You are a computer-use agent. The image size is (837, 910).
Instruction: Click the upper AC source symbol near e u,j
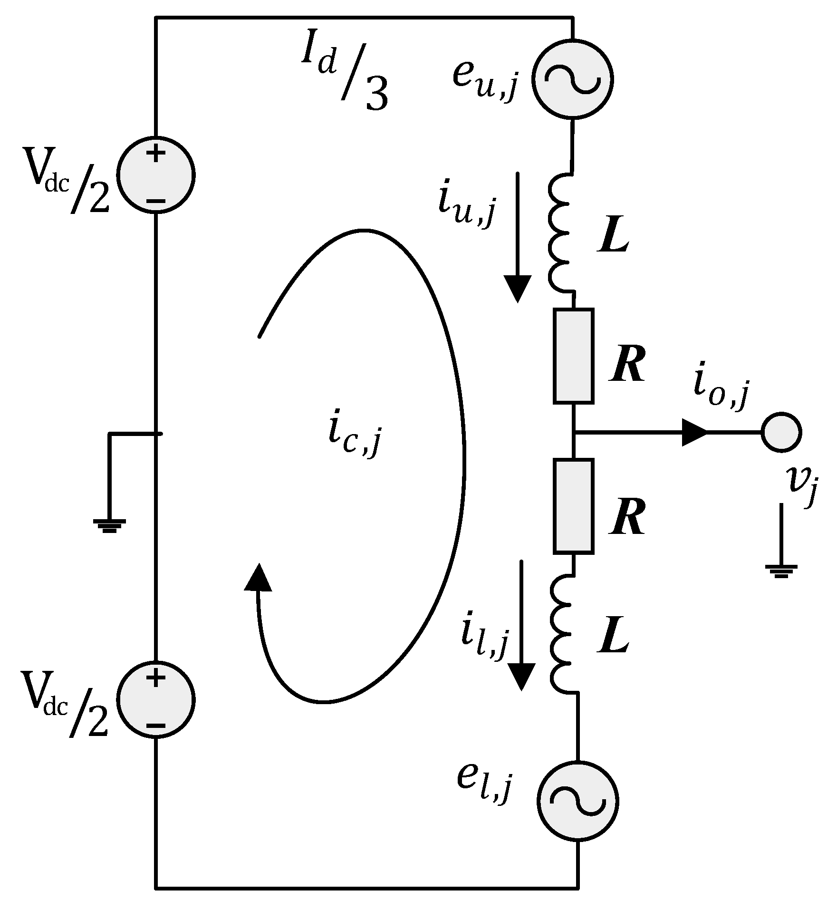[573, 79]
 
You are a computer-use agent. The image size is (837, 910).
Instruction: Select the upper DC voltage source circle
[156, 174]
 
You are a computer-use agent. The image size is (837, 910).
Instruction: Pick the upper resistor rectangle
[573, 356]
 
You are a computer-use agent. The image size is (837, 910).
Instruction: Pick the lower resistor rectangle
[573, 506]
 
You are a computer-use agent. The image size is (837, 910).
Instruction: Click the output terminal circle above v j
[781, 432]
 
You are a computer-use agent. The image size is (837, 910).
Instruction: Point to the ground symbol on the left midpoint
[110, 525]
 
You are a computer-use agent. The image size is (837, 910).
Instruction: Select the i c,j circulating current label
[354, 436]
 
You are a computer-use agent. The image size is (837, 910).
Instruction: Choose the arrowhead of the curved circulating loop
[258, 577]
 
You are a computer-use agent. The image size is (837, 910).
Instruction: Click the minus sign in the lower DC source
[155, 726]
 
